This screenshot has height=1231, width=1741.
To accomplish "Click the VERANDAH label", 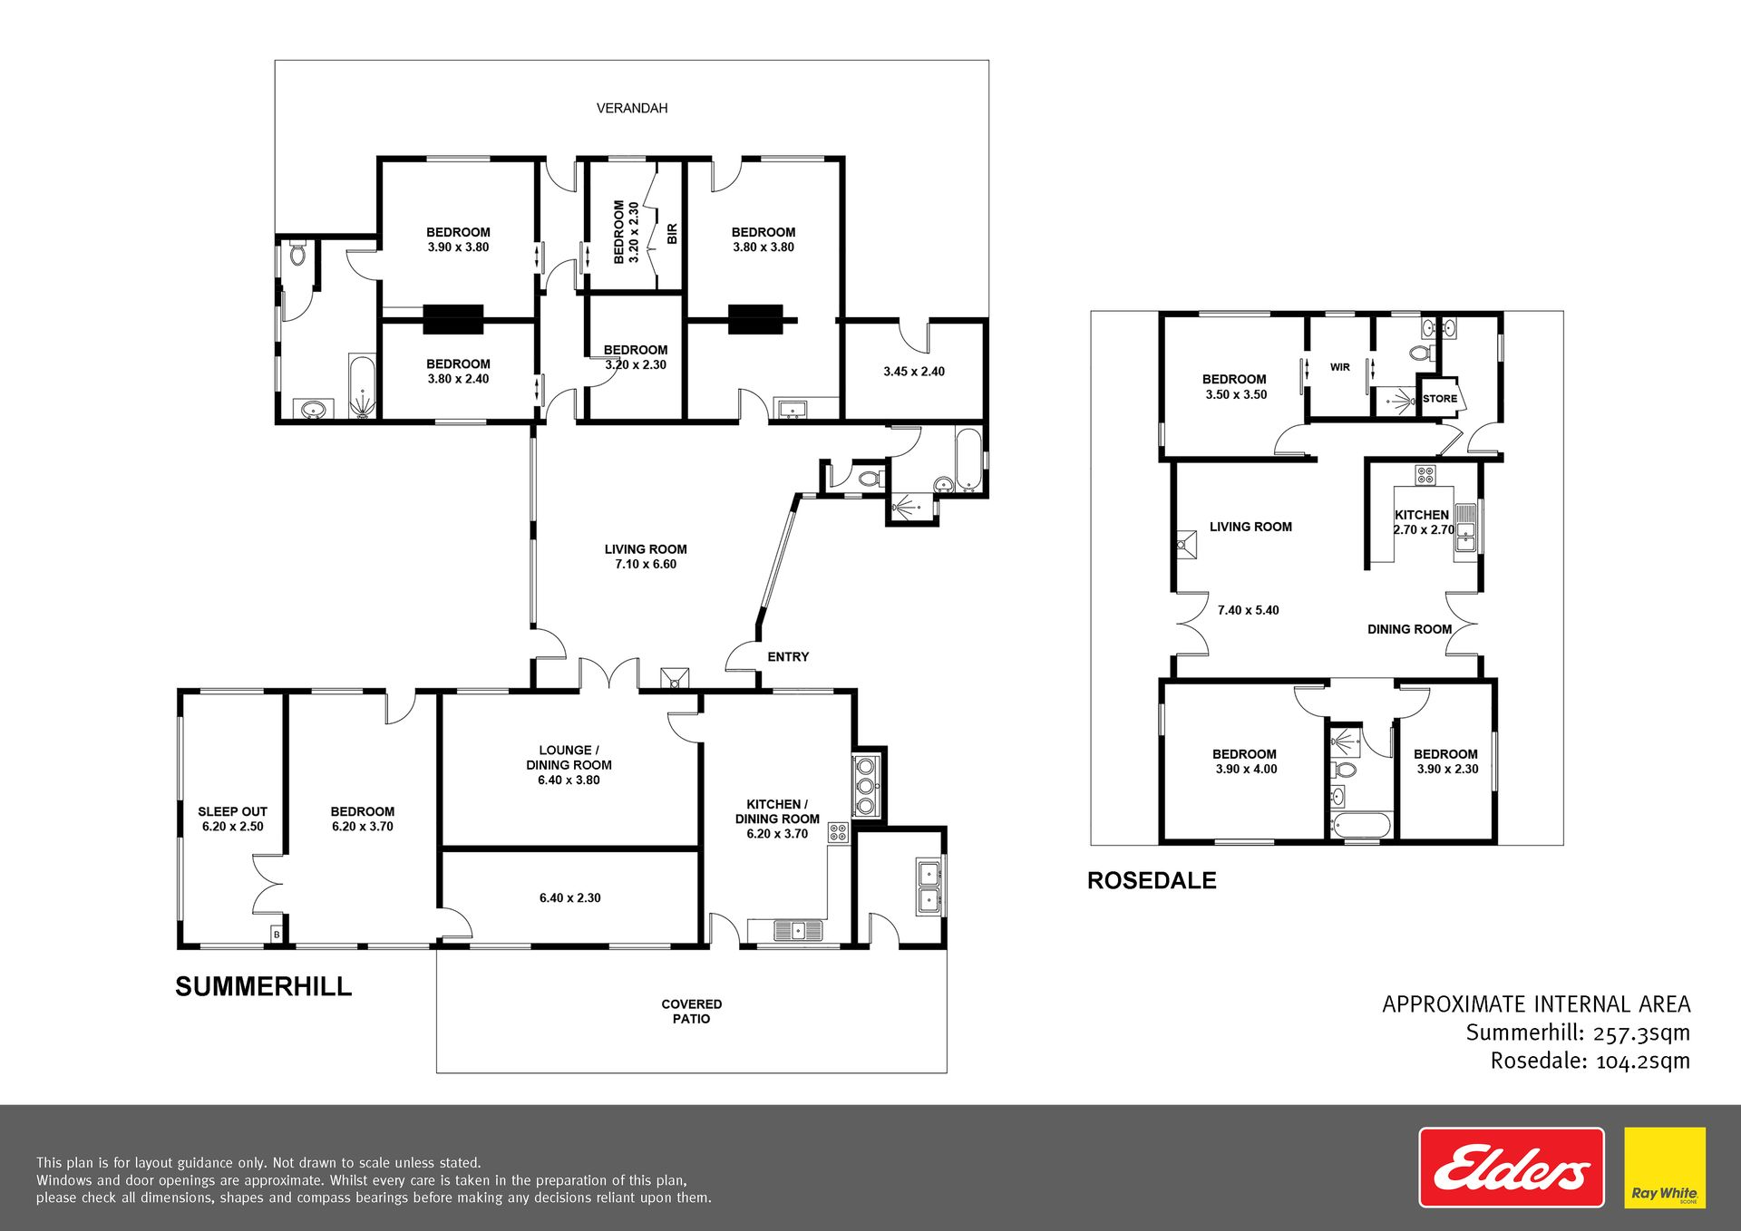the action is (x=632, y=108).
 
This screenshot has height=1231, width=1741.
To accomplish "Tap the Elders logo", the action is (x=1511, y=1168).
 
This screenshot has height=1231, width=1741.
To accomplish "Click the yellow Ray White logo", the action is (x=1665, y=1168).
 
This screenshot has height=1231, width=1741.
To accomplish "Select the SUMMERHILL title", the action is (x=263, y=986).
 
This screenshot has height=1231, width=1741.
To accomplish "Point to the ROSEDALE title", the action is (x=1152, y=880).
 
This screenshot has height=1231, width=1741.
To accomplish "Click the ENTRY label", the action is (x=788, y=656).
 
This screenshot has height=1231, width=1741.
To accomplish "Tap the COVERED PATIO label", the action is (x=692, y=1011).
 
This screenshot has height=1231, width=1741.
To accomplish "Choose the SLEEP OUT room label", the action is (x=232, y=811).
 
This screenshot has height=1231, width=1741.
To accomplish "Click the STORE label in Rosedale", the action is (x=1440, y=399).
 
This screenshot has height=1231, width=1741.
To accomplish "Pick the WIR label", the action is (x=1340, y=367).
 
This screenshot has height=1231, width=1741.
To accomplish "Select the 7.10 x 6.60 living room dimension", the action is (x=646, y=564).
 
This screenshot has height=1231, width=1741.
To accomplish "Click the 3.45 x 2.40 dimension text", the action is (x=914, y=371).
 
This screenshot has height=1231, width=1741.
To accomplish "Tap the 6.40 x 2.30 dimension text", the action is (x=569, y=897).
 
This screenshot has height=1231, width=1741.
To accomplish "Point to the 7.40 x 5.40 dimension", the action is (x=1248, y=610).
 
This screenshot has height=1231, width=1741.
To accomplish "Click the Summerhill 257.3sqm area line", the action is (x=1578, y=1032).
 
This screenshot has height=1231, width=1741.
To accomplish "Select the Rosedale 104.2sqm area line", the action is (x=1590, y=1061).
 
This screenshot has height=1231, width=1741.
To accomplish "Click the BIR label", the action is (x=672, y=234).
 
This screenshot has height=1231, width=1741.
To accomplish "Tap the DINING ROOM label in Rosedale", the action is (x=1409, y=629).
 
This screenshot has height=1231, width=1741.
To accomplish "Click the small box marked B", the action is (x=277, y=935).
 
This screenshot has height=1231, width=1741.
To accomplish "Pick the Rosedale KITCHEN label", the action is (x=1421, y=514).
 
